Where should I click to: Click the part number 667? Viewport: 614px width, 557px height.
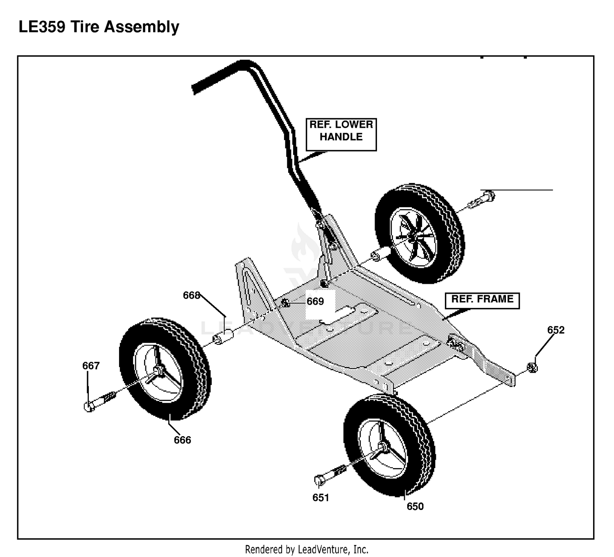coord(91,365)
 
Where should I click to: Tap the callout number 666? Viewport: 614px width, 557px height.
coord(183,440)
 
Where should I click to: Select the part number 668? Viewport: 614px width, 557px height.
coord(192,295)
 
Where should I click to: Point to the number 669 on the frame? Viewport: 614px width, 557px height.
coord(315,301)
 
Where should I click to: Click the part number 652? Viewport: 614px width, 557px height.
coord(556,330)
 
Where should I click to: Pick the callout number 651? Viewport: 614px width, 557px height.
coord(321,498)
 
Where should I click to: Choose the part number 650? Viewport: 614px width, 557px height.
coord(415,507)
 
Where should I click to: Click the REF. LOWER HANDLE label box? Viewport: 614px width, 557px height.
coord(341,134)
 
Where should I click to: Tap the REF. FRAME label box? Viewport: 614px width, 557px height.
coord(482,301)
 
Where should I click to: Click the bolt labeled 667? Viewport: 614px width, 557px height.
coord(100,401)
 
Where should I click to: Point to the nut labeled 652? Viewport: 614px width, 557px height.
coord(532,367)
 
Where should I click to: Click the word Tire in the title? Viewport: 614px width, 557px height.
coord(85,27)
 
